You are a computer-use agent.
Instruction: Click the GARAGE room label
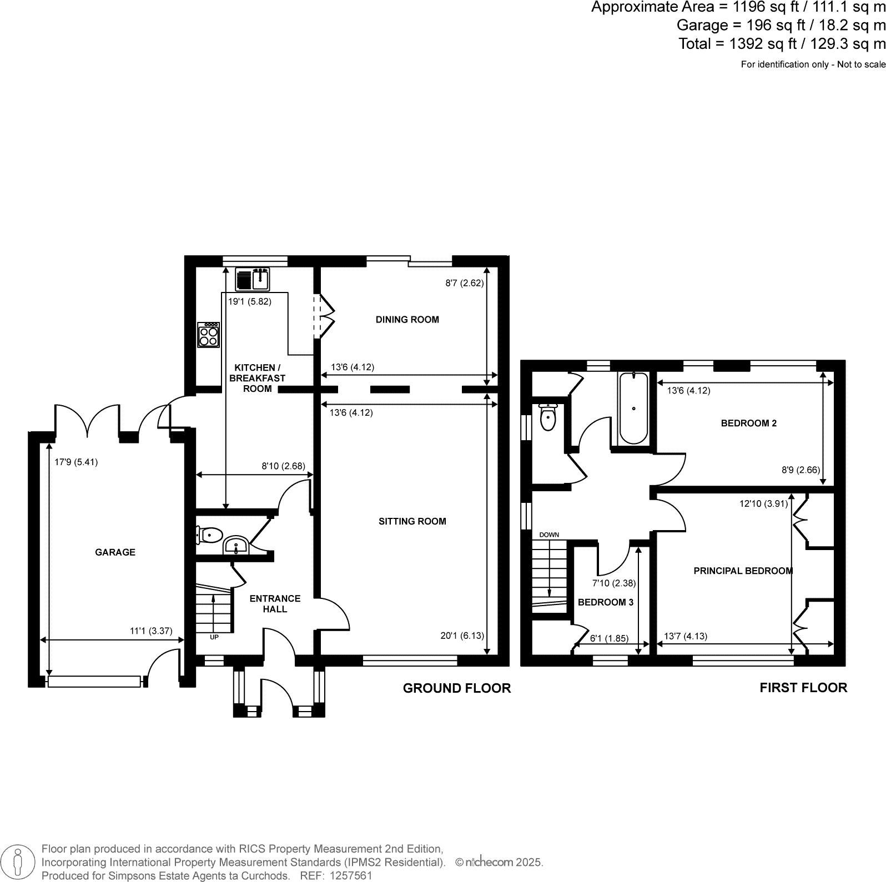click(x=115, y=552)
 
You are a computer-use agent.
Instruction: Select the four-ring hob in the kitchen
click(x=209, y=335)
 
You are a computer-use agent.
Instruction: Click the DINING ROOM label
click(x=407, y=320)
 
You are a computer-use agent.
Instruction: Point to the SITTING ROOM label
click(x=412, y=521)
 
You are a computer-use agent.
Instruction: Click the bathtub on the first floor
click(x=633, y=409)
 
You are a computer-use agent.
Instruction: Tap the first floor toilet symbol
click(x=547, y=417)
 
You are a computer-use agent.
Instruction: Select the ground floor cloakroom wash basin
click(x=236, y=546)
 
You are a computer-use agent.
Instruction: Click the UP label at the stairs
click(x=214, y=637)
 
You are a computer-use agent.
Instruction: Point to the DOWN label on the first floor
click(x=549, y=535)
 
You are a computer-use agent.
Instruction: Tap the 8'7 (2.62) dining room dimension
click(x=465, y=283)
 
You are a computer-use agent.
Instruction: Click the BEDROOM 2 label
click(x=748, y=423)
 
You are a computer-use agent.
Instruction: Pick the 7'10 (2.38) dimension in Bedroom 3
click(x=613, y=583)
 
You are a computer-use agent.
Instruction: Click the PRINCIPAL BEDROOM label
click(x=743, y=571)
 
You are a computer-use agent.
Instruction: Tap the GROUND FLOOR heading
click(x=456, y=688)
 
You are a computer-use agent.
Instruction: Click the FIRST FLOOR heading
click(x=803, y=688)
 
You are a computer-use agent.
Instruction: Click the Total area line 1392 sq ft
click(x=781, y=44)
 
